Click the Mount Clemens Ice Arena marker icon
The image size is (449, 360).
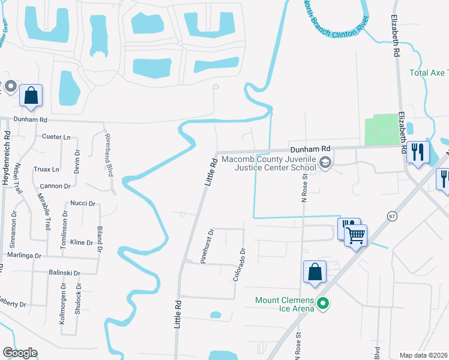[x=324, y=304]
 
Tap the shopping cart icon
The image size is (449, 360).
[x=356, y=235]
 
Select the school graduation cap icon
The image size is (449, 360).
[x=325, y=162]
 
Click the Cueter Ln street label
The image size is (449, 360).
[x=56, y=137]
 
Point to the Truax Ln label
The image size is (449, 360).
[x=47, y=170]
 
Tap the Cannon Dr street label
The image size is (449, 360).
[x=56, y=186]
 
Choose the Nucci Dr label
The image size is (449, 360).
[x=83, y=203]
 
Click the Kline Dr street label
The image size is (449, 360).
[x=82, y=242]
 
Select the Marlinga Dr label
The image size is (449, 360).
[x=21, y=256]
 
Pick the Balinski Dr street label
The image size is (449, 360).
[x=64, y=272]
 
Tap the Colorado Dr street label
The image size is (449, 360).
[x=240, y=265]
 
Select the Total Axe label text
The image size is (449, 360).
[x=429, y=73]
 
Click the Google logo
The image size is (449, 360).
[x=20, y=353]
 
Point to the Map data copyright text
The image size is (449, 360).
[x=424, y=355]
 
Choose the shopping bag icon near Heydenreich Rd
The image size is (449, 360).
[x=31, y=96]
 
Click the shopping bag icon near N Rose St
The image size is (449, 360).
[x=315, y=272]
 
